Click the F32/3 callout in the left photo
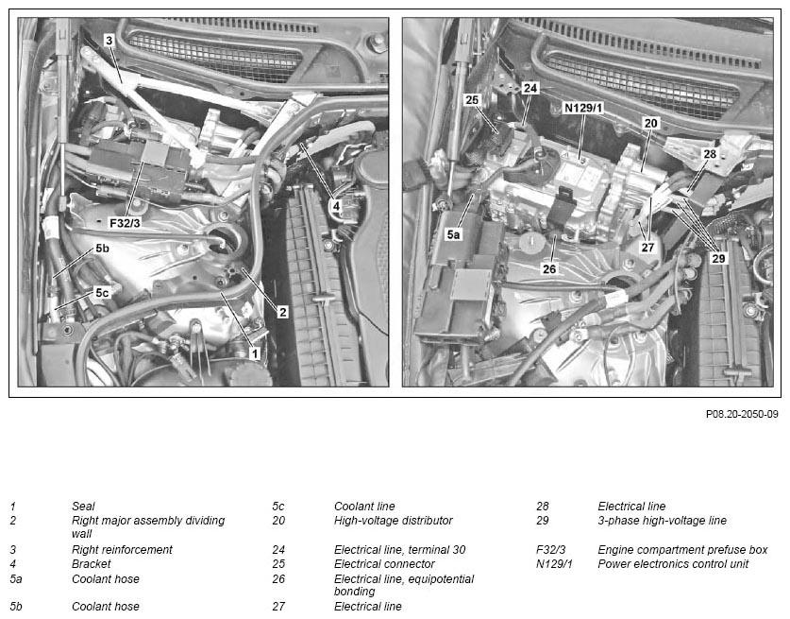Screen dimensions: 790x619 point(125,222)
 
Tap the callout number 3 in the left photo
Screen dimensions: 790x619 point(109,41)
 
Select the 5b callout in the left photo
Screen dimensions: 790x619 point(102,249)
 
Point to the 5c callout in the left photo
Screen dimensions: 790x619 point(102,293)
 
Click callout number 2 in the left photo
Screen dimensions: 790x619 point(282,312)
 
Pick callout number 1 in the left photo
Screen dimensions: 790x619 point(255,353)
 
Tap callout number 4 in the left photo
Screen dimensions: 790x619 point(336,206)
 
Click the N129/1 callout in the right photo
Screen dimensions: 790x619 point(583,108)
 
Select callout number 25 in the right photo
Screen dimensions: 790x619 point(472,100)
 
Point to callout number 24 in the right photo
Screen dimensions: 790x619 point(530,88)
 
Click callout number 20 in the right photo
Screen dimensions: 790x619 point(651,123)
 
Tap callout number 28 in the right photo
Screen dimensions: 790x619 point(710,153)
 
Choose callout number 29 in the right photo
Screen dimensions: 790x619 point(718,258)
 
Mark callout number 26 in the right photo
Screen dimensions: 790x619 point(549,269)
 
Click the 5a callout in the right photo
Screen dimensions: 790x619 point(453,234)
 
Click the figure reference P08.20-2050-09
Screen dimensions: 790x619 point(742,414)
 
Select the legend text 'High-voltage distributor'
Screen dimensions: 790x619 point(393,520)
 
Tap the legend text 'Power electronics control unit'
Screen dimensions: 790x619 point(673,563)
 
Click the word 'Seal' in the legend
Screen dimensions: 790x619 point(83,506)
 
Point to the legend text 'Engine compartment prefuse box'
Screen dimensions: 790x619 point(682,549)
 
